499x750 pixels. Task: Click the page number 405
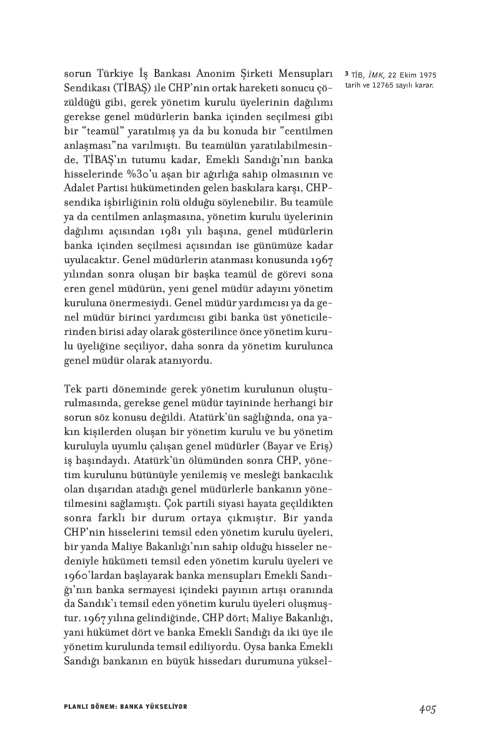pos(427,708)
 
